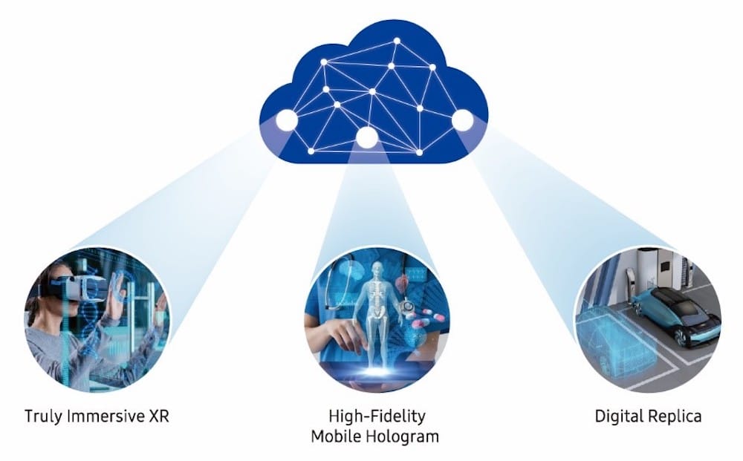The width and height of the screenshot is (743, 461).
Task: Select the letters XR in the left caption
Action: coord(159,416)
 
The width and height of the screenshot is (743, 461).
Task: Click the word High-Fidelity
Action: coord(377,417)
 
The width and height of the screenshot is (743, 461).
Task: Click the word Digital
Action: coord(619,417)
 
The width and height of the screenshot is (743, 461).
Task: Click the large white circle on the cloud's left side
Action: coord(287,120)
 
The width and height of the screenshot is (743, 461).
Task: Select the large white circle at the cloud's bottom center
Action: coord(367,138)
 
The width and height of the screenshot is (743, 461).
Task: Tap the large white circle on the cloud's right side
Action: coord(462,120)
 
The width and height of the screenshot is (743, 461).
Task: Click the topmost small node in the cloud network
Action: coord(397,41)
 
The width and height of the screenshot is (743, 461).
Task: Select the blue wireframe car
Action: coord(612,336)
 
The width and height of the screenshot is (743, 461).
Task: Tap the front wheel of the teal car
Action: coord(681,336)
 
